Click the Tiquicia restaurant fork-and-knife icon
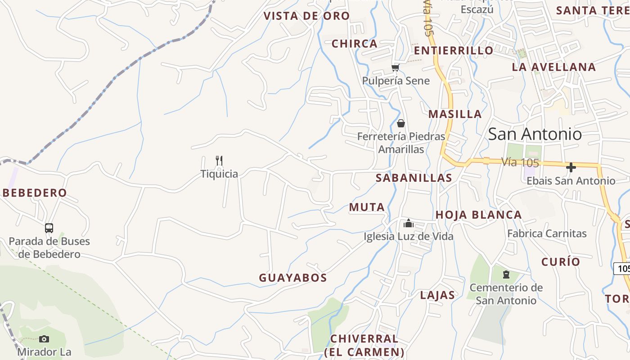coord(219,161)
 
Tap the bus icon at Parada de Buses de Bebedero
coord(49,228)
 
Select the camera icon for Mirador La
coord(44,339)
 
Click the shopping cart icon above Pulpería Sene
coord(396,68)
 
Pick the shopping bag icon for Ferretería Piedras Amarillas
coord(401,123)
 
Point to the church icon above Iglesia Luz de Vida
coord(409,223)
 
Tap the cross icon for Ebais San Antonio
coord(571,168)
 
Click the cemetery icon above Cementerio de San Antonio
coord(506,274)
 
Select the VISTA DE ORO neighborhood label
coord(306,16)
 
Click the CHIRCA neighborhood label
coord(355,44)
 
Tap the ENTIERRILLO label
coord(454,50)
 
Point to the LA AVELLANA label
coord(553,67)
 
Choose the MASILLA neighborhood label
coord(455,114)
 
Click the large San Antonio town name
coord(535,134)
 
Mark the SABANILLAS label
coord(414,178)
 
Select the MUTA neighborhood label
coord(367,207)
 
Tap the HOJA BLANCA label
coord(479,215)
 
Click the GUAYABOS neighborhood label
coord(293,278)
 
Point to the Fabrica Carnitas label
coord(547,234)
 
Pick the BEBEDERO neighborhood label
coord(35,193)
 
